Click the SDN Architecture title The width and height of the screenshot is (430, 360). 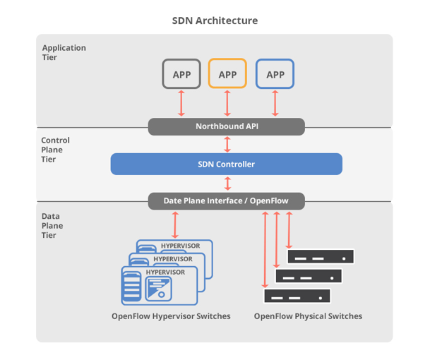coord(215,20)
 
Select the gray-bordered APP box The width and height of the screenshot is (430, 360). coord(181,74)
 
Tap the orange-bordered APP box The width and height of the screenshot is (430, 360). coord(227,74)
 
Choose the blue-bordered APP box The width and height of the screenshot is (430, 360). coord(275,74)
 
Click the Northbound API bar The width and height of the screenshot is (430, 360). coord(226,127)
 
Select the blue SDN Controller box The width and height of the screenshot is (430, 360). coord(226,164)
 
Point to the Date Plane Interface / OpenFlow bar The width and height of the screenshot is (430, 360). coord(226,201)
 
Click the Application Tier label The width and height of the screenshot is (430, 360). coord(64,53)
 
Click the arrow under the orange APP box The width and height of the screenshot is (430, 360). coord(227,103)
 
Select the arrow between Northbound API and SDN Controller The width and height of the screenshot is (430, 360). coord(227,144)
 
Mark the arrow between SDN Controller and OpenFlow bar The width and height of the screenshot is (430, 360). coord(227,184)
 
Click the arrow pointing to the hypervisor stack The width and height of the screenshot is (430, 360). coord(174,224)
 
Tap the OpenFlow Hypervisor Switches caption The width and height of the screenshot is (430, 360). coord(171,316)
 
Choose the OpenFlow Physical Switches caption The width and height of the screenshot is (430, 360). coord(308,316)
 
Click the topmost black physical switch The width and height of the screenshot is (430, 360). coord(319,257)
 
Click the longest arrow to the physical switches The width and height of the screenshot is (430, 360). coord(265,247)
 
